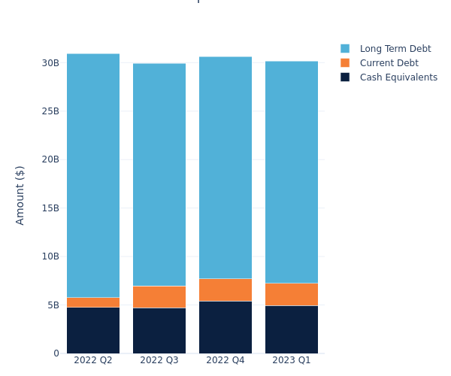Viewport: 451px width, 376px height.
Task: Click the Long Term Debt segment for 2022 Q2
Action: tap(93, 175)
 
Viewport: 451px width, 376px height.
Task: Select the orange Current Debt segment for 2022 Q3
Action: tap(159, 297)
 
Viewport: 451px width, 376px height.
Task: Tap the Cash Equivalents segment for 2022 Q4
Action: tap(225, 327)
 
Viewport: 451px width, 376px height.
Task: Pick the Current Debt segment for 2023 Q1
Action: tap(292, 294)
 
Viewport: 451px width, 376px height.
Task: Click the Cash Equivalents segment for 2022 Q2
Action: tap(93, 330)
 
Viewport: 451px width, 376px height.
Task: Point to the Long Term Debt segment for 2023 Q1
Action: tap(292, 172)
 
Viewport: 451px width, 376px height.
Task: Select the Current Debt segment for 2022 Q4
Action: tap(225, 290)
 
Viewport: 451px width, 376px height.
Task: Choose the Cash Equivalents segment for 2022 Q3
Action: tap(159, 331)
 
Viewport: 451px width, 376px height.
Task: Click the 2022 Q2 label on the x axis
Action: tap(93, 360)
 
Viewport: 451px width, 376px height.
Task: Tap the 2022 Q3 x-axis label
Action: tap(159, 360)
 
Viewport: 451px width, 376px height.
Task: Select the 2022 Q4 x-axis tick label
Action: tap(225, 360)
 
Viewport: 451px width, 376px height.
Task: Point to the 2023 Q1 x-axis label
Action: tap(292, 360)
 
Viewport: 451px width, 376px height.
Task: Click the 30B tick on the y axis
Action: tap(50, 63)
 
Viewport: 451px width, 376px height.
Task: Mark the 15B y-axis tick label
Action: tap(50, 208)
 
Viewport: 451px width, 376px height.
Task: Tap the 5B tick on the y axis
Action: tap(53, 305)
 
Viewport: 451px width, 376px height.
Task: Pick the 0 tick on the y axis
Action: tap(56, 353)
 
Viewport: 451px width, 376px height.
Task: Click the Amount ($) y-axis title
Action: tap(20, 195)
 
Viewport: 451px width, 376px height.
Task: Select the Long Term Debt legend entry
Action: tap(395, 49)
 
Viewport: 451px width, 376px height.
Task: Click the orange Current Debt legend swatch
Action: tap(345, 63)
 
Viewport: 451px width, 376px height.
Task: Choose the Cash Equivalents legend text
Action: tap(398, 77)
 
